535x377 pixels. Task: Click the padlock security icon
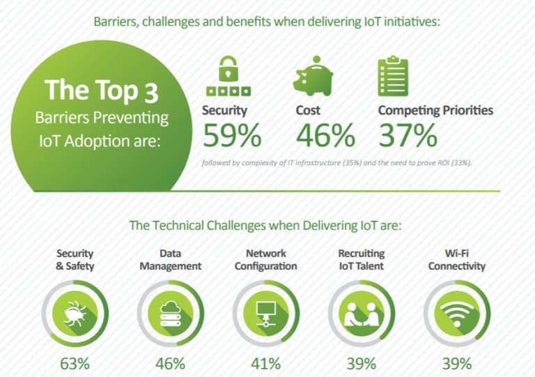(228, 76)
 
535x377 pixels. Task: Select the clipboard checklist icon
(393, 76)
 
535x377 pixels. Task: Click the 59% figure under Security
(232, 135)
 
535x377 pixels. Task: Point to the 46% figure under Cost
(325, 135)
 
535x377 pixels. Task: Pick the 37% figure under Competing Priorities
(408, 135)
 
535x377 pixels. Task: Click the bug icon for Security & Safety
(75, 313)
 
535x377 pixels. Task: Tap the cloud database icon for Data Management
(170, 314)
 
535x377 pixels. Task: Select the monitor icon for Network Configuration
(266, 314)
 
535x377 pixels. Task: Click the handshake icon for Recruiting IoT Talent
(362, 314)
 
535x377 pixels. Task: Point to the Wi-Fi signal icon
(457, 314)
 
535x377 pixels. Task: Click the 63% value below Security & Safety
(75, 364)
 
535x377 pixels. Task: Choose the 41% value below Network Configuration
(266, 364)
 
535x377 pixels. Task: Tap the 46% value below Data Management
(170, 364)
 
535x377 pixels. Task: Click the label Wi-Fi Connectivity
(457, 260)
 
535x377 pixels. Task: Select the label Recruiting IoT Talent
(362, 260)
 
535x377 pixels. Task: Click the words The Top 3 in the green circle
(102, 91)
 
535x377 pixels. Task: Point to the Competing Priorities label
(435, 110)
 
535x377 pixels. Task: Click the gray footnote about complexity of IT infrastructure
(336, 163)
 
